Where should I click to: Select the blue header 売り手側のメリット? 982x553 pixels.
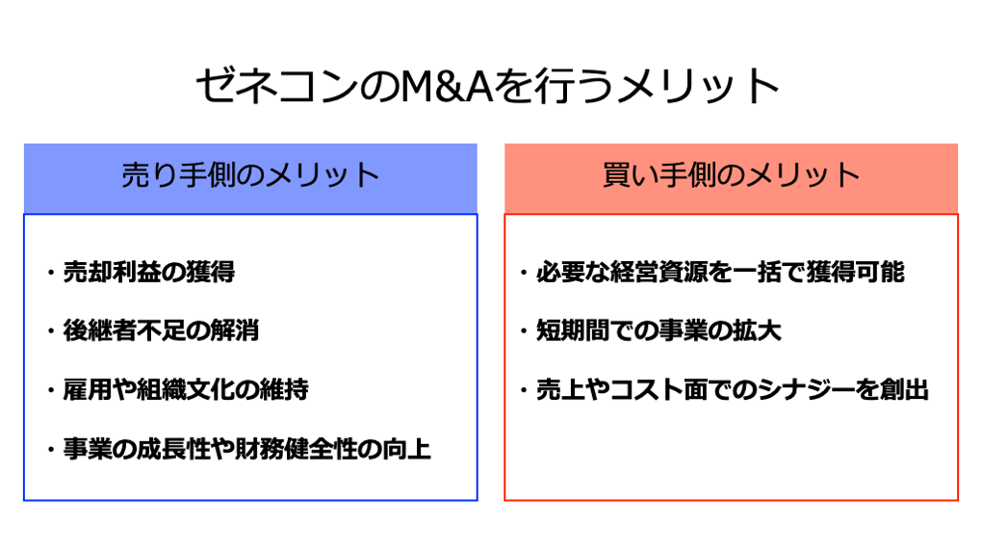250,176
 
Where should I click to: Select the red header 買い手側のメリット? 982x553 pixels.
731,176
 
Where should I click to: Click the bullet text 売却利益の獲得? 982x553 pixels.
148,273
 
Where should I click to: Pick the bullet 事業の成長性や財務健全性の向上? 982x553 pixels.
246,449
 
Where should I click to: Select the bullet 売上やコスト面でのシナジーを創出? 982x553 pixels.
733,390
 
